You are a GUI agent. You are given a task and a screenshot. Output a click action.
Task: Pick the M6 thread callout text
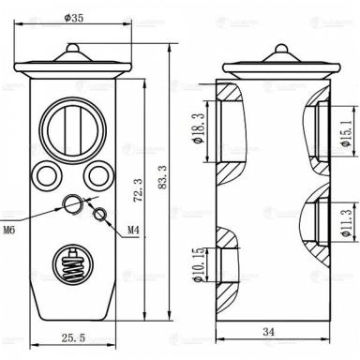coord(10,229)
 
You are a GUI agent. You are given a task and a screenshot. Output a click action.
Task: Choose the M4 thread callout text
coord(134,229)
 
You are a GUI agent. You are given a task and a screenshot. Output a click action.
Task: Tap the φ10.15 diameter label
coord(198,262)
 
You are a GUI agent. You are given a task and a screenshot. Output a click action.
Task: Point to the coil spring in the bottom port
coord(71,262)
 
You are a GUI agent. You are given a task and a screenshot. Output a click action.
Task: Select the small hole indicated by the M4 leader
coord(100,217)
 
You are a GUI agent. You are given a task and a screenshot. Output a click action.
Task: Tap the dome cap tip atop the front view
coord(71,48)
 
